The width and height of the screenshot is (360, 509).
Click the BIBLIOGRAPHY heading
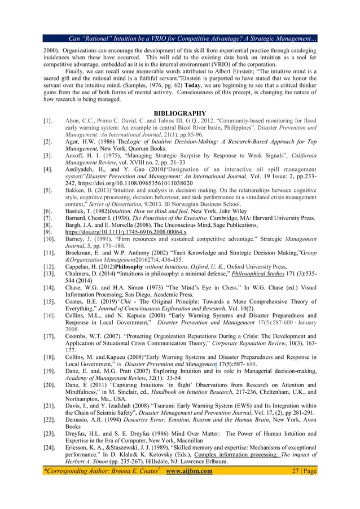(179, 113)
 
